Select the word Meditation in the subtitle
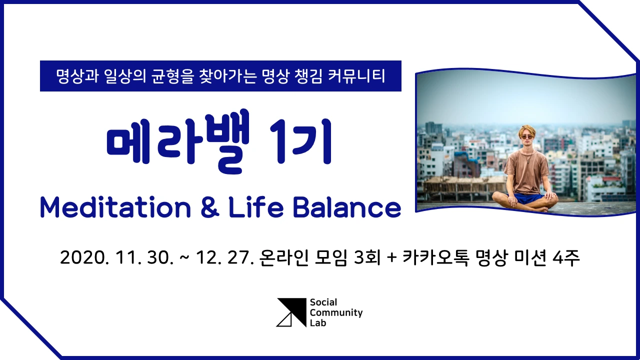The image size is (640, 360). coord(115,207)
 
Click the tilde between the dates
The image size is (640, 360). coord(184,259)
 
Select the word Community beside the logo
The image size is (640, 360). coord(336,313)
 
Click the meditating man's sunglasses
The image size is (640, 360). coord(527,136)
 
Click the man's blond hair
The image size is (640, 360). coord(527,129)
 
